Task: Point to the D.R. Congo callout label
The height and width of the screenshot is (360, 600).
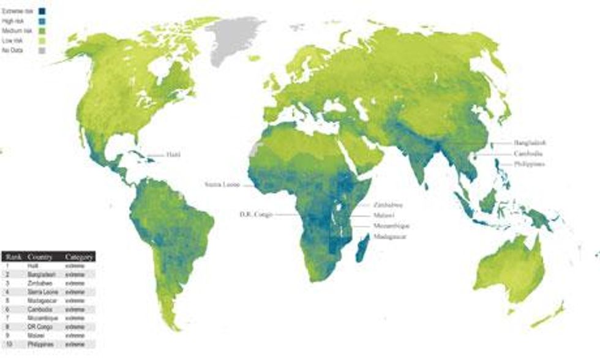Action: point(256,215)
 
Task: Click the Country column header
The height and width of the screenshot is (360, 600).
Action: point(39,258)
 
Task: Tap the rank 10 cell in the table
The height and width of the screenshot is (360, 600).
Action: point(8,345)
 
